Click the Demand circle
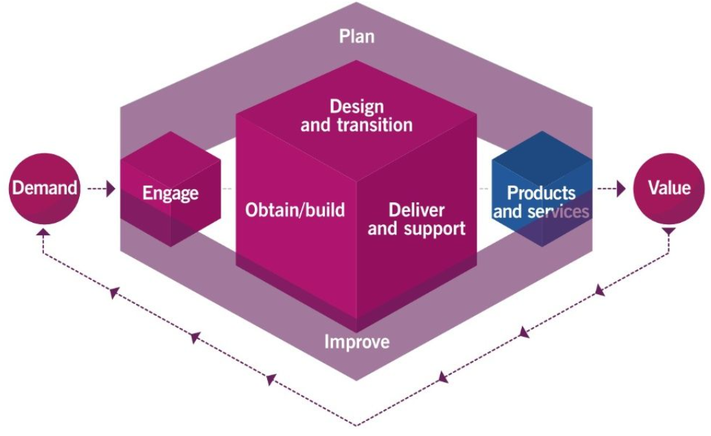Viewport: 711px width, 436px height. pos(43,188)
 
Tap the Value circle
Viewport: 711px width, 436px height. pos(668,188)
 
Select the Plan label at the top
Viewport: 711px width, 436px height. pos(357,36)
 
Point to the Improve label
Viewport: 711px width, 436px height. pos(357,342)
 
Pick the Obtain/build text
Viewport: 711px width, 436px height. pos(295,210)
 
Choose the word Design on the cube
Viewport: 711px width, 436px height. pos(357,107)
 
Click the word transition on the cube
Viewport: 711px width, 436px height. pos(375,125)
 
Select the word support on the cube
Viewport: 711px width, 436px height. pos(436,228)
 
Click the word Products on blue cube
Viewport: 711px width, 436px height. pos(541,193)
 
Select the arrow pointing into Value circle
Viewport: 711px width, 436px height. pos(614,188)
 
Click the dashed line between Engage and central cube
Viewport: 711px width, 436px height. pos(228,188)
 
